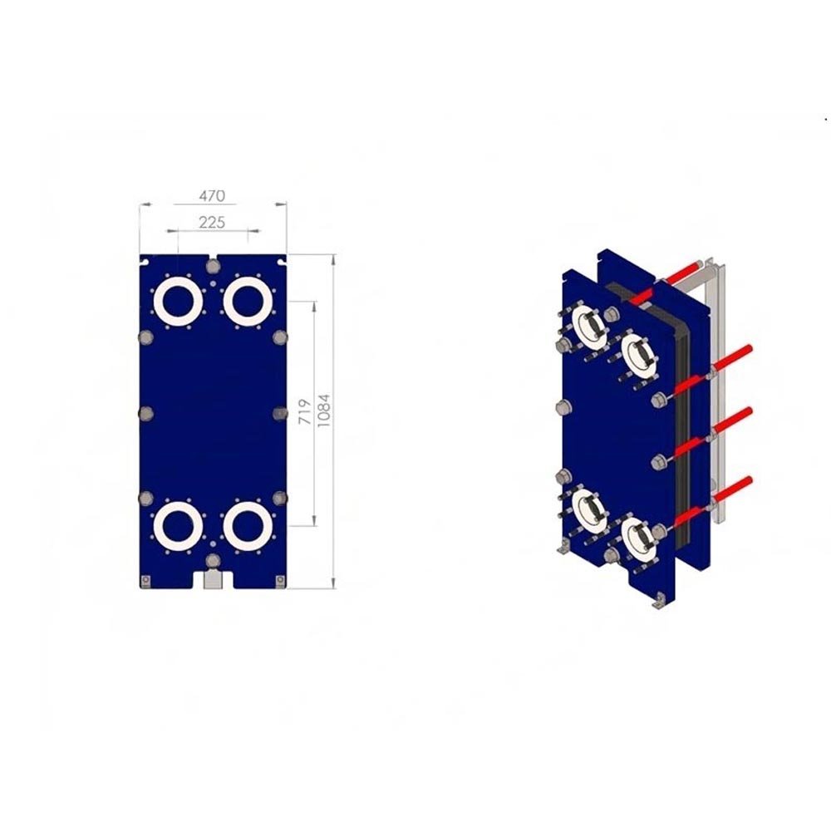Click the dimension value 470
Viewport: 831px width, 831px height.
[212, 196]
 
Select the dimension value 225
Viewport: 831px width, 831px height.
[212, 222]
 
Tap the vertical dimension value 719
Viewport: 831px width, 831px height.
[305, 412]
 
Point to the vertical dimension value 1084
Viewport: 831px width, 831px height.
[323, 411]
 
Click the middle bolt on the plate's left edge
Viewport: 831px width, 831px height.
[145, 413]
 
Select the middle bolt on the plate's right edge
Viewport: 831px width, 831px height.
[280, 413]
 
